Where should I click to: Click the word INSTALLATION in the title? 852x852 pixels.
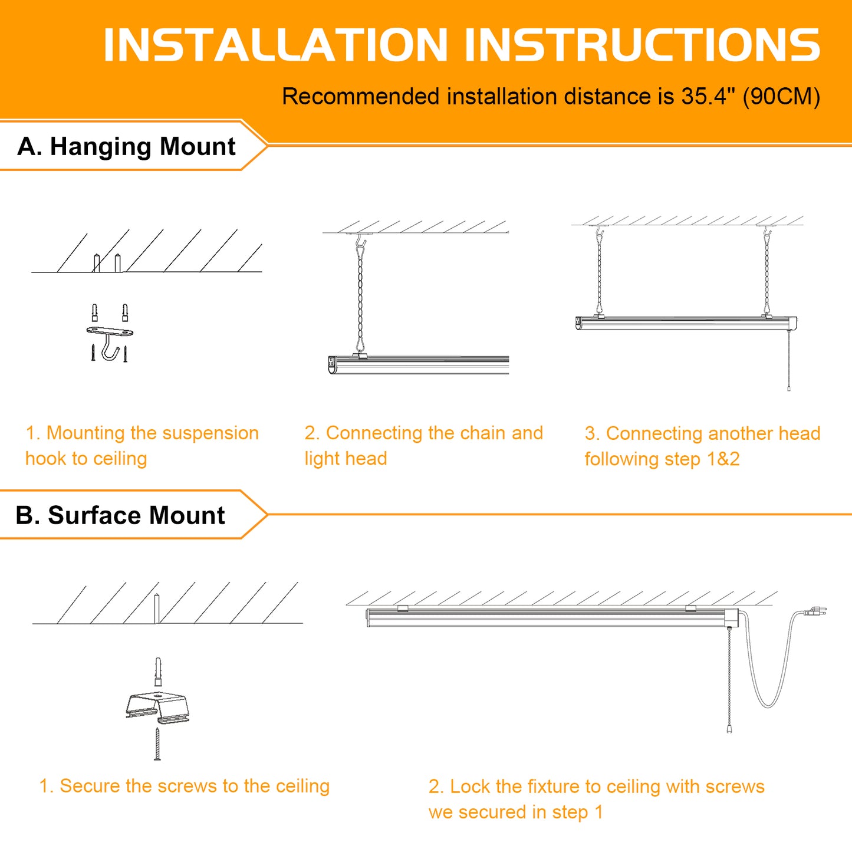point(275,45)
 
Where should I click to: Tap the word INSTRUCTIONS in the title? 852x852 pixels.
point(643,45)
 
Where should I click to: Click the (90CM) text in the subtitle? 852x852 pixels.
point(781,97)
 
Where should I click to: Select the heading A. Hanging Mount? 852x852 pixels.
point(126,146)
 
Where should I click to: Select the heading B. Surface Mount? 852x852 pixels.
point(120,515)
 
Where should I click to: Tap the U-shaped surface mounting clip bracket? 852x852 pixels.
point(158,709)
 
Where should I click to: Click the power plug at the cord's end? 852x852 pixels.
point(815,611)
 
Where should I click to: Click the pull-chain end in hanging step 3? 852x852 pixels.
point(789,388)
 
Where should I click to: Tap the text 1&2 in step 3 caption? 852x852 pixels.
point(723,459)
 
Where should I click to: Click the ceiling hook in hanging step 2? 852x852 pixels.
point(360,241)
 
